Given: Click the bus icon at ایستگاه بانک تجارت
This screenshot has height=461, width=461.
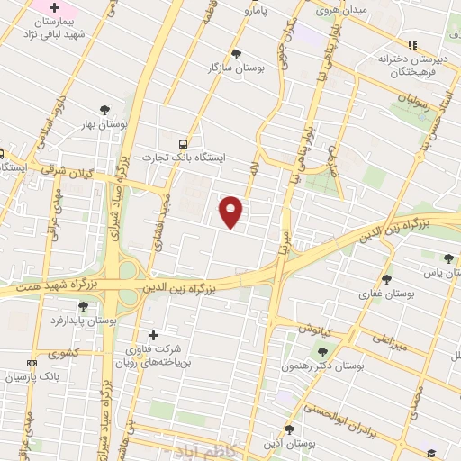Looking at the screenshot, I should [x=184, y=143].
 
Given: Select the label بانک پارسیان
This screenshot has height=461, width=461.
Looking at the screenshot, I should [x=28, y=377].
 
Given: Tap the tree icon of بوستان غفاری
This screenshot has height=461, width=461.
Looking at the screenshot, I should [x=386, y=280].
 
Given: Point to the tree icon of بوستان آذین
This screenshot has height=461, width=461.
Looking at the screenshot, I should [x=289, y=429].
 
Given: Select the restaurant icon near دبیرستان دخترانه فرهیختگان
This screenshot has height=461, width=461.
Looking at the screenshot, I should [x=412, y=44].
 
